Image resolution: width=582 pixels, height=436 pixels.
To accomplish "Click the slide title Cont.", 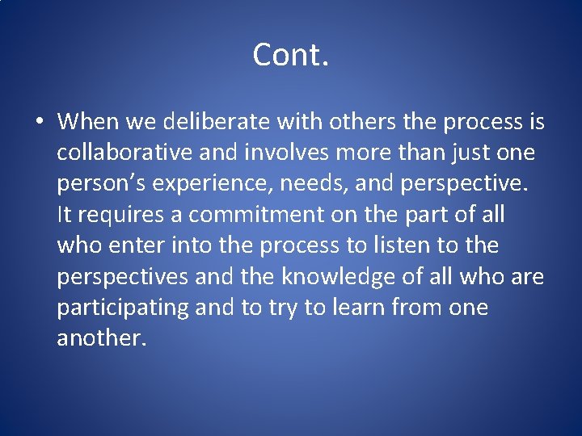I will coord(290,55).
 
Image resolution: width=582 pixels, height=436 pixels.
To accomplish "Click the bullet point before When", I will coord(39,123).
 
